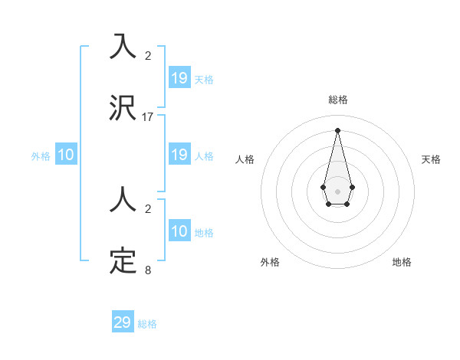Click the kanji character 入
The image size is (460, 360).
123,47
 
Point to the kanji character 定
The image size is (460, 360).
123,262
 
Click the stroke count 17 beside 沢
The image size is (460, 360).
148,117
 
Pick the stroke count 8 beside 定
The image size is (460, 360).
148,270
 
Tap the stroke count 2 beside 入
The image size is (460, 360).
148,55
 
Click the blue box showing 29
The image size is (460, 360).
123,322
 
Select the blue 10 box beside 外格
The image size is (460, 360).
66,155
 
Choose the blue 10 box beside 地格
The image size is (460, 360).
179,231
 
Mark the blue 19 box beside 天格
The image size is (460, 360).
179,78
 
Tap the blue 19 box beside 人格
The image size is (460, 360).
179,155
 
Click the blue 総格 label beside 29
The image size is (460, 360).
147,324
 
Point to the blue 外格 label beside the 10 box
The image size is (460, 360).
41,155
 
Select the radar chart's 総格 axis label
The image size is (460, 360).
337,100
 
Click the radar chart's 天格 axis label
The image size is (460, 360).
431,159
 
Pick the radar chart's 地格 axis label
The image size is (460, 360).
402,262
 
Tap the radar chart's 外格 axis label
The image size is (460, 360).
270,262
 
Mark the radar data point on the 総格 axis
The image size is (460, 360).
337,129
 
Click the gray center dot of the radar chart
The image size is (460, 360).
337,191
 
